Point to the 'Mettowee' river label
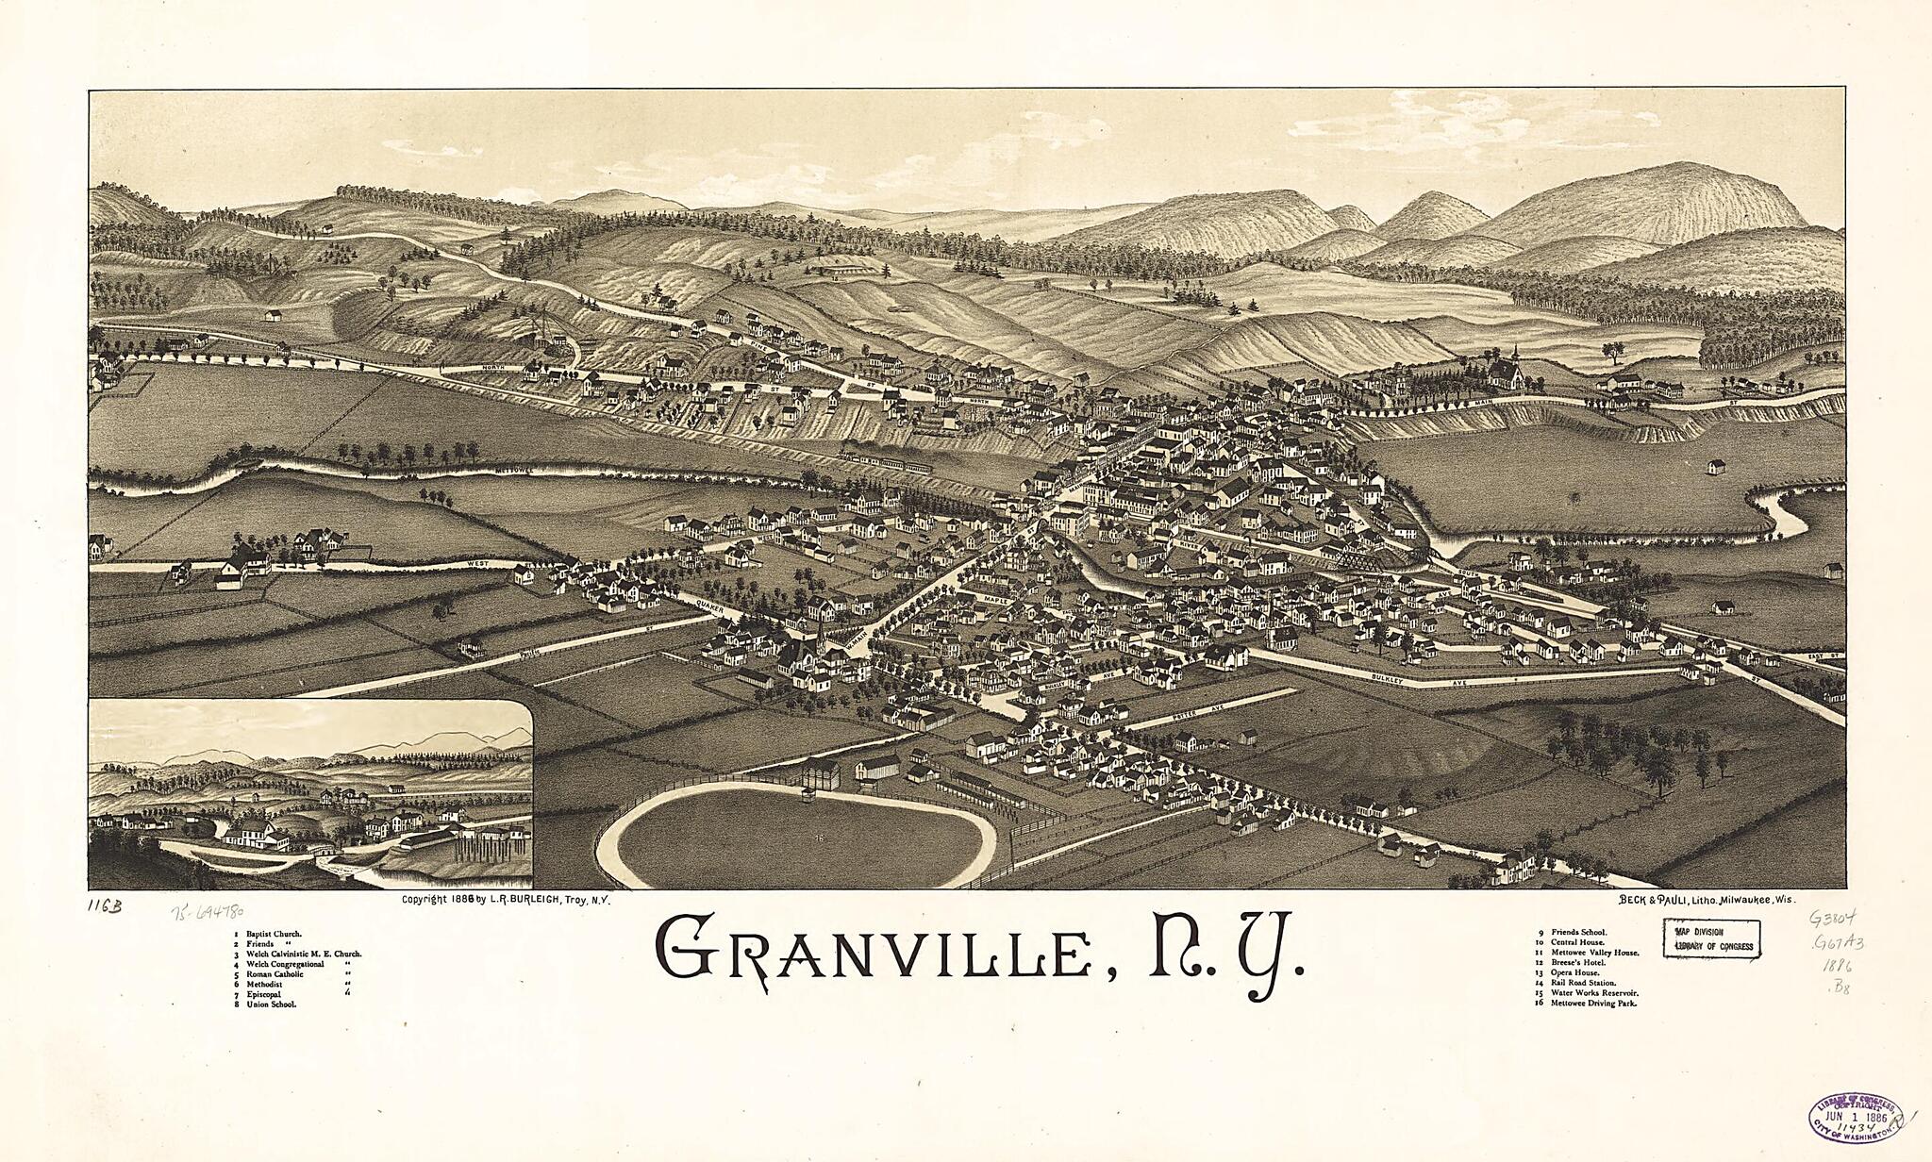[514, 469]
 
